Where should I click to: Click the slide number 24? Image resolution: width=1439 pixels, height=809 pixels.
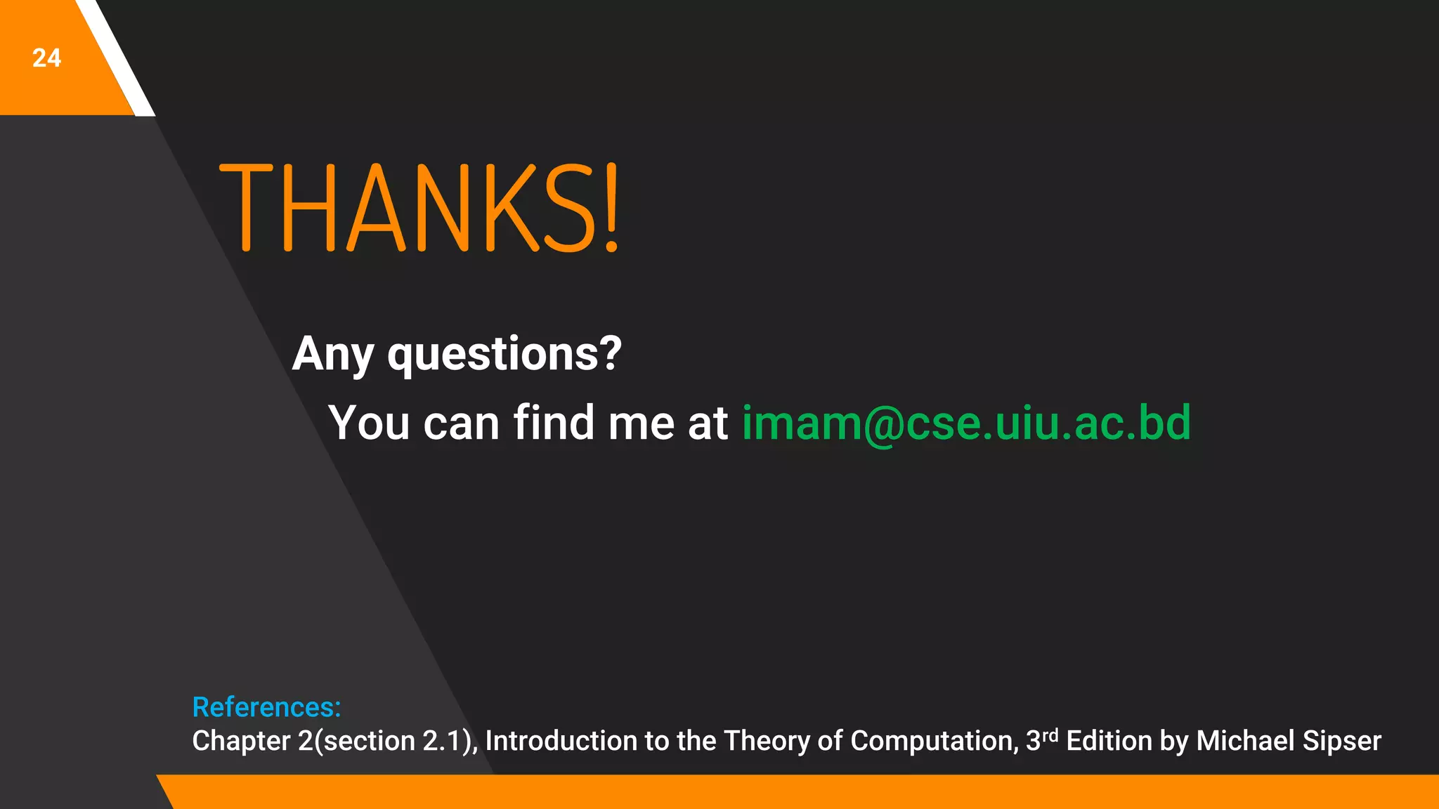point(46,58)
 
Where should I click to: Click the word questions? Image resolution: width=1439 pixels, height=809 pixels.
point(504,355)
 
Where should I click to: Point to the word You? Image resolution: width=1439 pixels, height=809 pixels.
point(369,423)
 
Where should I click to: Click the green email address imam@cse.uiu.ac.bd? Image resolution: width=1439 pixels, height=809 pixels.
point(966,423)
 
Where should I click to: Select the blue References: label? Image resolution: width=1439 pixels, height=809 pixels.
point(266,707)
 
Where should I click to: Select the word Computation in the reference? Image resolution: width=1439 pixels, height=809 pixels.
point(934,742)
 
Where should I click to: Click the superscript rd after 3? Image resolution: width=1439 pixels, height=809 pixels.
point(1050,735)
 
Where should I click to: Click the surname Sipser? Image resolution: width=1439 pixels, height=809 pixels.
point(1342,742)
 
